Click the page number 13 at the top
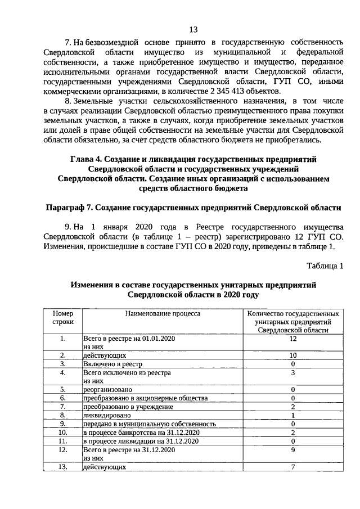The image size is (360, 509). [x=193, y=29]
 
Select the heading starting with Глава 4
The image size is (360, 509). [x=193, y=178]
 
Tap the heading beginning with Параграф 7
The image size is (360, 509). [x=193, y=207]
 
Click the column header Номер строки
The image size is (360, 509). [x=63, y=317]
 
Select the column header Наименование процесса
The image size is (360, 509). [x=163, y=313]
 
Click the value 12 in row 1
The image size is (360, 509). [x=292, y=339]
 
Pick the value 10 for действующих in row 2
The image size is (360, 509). [x=292, y=355]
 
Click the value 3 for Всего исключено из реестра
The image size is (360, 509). [x=292, y=372]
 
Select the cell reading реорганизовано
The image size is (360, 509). [x=108, y=389]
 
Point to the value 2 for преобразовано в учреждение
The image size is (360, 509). [x=292, y=406]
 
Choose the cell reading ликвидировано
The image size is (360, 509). [x=106, y=415]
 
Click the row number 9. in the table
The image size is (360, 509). [x=63, y=424]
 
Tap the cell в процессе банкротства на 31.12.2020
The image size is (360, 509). [x=141, y=432]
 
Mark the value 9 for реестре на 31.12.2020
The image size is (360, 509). [x=292, y=449]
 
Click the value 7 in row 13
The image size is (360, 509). [x=292, y=466]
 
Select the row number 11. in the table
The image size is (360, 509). [x=63, y=440]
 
